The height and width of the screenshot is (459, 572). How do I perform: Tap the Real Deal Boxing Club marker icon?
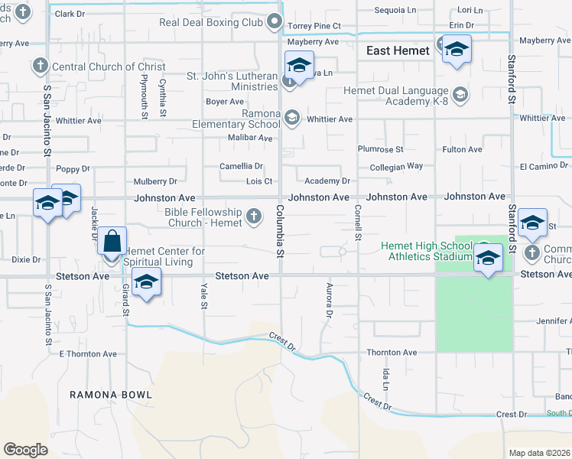(276, 23)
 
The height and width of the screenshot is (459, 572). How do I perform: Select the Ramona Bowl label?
(111, 395)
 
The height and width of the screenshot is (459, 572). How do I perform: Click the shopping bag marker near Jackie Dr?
(112, 241)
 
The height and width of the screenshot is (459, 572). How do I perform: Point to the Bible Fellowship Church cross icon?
(255, 218)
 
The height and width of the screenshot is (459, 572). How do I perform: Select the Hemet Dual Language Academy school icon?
(460, 95)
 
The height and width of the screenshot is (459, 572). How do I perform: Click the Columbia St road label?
(280, 232)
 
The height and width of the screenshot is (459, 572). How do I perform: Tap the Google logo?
(25, 450)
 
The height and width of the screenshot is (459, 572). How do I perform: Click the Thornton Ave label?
(391, 353)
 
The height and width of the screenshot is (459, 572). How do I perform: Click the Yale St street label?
(204, 296)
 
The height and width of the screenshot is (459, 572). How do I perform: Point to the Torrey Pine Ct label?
(314, 26)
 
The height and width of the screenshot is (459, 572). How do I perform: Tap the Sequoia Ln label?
(395, 11)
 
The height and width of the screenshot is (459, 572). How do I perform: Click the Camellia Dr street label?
(242, 166)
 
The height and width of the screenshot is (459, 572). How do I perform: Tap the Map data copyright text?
(539, 453)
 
